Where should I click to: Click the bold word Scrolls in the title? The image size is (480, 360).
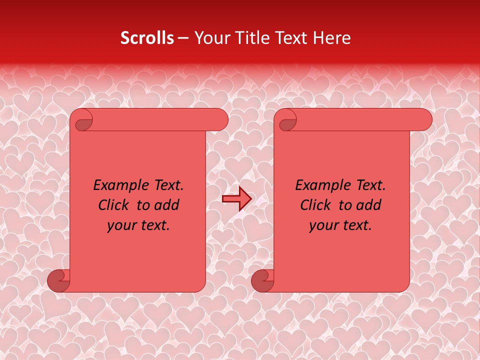coord(147,38)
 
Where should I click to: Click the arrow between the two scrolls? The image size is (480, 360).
coord(237,199)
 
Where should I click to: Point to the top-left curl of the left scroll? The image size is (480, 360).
coord(82,120)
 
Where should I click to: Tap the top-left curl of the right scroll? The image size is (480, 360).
coord(286,120)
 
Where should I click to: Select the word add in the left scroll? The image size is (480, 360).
coord(168,205)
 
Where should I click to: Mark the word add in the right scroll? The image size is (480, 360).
coord(370,205)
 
